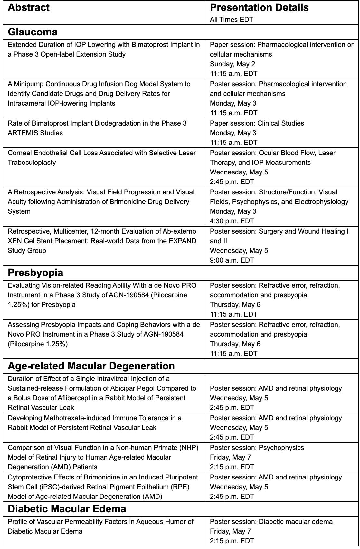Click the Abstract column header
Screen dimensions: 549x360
tap(29, 8)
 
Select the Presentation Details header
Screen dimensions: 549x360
tap(259, 8)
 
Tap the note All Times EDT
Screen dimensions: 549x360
tap(231, 20)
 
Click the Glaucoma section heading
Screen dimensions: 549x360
tap(33, 32)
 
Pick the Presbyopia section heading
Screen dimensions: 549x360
tap(35, 273)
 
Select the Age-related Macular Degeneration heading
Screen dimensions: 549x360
tap(91, 366)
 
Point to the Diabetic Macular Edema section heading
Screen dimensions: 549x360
tap(67, 509)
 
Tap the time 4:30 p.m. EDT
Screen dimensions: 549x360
tap(232, 221)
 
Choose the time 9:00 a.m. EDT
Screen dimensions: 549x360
tap(232, 260)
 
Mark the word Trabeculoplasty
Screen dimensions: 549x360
tap(32, 163)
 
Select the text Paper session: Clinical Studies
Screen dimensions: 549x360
tap(257, 123)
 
